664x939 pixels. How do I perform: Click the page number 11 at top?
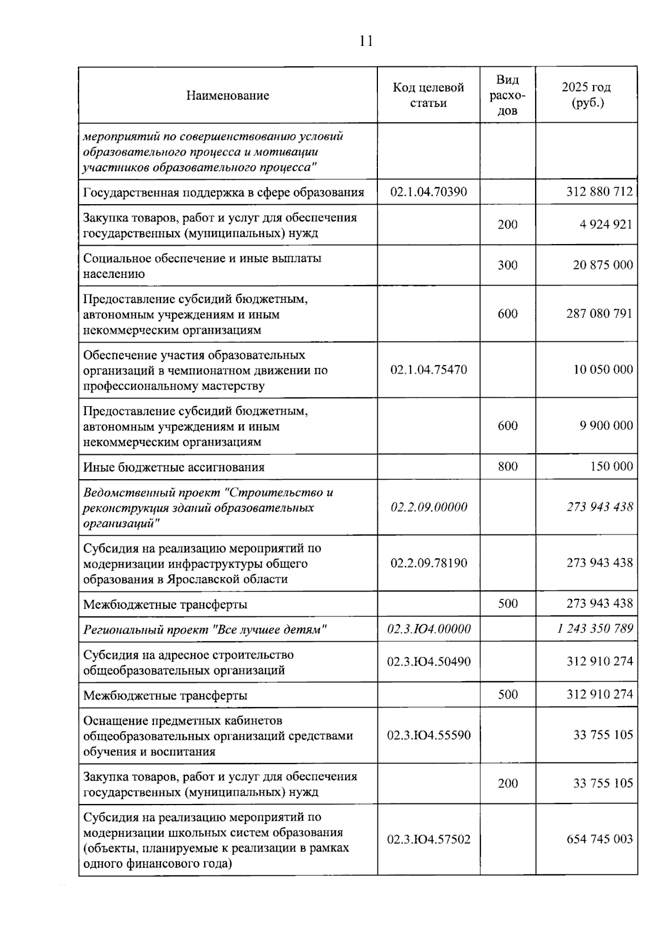[x=366, y=41]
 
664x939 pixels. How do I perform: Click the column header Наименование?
[x=227, y=95]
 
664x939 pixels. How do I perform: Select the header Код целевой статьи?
[x=428, y=95]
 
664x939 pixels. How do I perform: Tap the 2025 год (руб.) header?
[x=586, y=95]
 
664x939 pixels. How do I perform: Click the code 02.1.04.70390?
[x=428, y=192]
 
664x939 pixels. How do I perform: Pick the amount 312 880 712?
[x=599, y=192]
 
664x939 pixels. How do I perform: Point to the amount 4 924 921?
[x=606, y=225]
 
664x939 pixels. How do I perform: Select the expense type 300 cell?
[x=507, y=265]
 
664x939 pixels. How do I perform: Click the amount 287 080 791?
[x=599, y=314]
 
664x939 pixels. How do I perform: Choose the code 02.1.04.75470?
[x=428, y=370]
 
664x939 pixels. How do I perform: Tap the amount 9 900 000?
[x=606, y=426]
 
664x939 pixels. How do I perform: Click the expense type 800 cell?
[x=507, y=466]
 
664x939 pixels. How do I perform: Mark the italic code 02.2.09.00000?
[x=428, y=507]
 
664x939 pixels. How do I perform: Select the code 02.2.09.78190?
[x=428, y=563]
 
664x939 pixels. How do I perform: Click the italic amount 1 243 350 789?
[x=595, y=629]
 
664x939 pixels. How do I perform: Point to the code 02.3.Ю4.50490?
[x=428, y=661]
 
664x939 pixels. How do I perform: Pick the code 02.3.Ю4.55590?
[x=428, y=735]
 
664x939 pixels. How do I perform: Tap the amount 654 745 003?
[x=599, y=839]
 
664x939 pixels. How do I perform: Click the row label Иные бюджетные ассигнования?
[x=174, y=467]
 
